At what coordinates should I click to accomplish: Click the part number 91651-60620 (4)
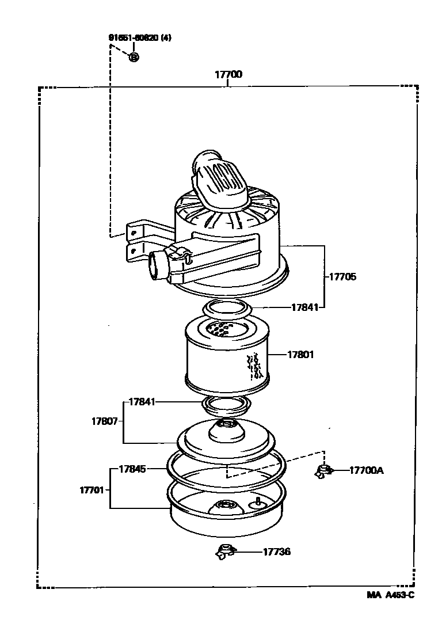140,38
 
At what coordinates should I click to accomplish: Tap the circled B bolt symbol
134,57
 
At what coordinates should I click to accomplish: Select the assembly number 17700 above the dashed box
228,75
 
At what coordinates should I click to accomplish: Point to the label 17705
342,276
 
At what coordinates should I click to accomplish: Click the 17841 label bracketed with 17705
304,307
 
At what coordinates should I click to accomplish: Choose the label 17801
300,355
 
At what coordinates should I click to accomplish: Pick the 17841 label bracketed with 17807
142,401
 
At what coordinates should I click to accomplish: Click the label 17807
105,421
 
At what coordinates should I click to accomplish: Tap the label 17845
133,469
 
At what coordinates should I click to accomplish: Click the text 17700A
366,470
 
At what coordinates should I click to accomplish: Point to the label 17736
277,552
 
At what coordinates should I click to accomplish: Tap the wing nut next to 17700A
323,471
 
